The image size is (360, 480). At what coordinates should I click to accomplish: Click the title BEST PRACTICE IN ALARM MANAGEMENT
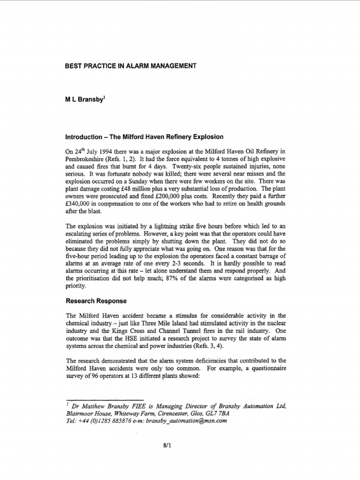coord(130,67)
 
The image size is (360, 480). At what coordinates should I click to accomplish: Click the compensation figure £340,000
coord(80,202)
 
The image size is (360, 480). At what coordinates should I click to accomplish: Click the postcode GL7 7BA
coord(216,413)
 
